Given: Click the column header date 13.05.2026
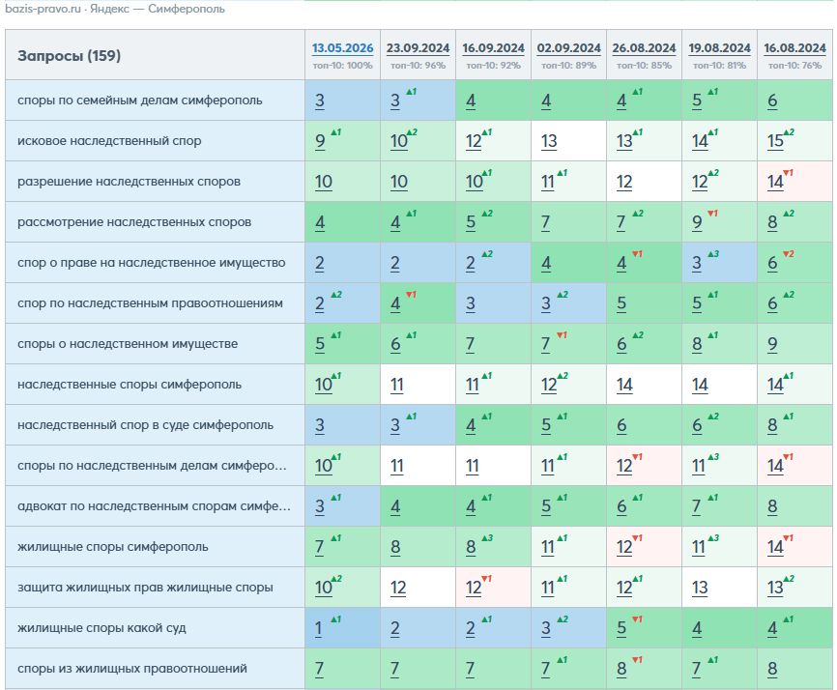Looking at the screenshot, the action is [x=342, y=48].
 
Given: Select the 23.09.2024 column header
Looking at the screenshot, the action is [x=418, y=48].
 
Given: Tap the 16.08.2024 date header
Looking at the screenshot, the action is [x=794, y=48].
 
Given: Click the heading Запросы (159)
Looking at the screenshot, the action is [x=69, y=55].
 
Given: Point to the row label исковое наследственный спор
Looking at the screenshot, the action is [x=109, y=141].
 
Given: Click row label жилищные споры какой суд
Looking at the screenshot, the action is [x=101, y=628].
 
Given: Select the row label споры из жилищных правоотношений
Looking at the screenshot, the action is [x=132, y=668].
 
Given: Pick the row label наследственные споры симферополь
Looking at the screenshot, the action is [x=130, y=385].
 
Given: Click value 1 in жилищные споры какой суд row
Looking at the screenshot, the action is [x=318, y=628].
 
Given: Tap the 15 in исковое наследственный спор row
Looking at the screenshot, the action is [x=775, y=141].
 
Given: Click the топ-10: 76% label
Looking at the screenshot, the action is [x=794, y=66].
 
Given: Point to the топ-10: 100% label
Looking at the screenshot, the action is [x=343, y=66].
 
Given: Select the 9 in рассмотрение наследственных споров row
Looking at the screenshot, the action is [x=697, y=222].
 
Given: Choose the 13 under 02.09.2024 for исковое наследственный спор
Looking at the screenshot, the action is [x=549, y=141].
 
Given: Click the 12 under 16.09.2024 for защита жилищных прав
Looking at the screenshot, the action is [x=474, y=588].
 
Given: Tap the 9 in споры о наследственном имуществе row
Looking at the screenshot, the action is [x=772, y=344].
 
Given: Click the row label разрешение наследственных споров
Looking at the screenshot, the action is [x=130, y=182].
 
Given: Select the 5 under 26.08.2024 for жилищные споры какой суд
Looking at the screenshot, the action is [x=621, y=628].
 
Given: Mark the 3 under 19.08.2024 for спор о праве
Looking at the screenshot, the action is [x=697, y=263].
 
